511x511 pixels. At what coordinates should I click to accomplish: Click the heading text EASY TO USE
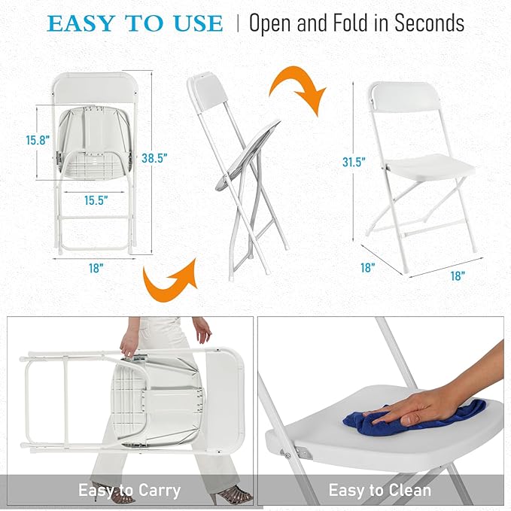(135, 23)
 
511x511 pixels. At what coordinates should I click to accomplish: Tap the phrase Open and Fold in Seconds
(356, 23)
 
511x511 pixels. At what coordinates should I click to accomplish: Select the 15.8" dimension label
(38, 140)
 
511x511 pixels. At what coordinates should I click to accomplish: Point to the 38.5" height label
(154, 158)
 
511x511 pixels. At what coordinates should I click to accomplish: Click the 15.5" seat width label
(96, 200)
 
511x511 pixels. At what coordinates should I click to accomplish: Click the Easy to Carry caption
(129, 491)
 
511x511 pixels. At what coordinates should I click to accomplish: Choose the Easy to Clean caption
(379, 491)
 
